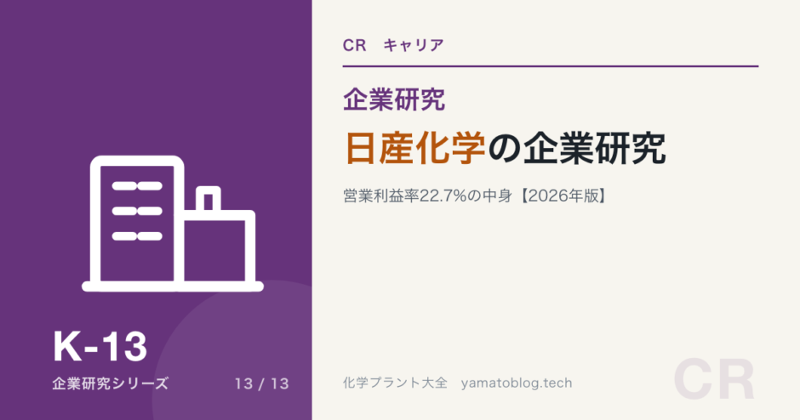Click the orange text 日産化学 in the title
[x=415, y=148]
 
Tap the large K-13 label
[x=100, y=347]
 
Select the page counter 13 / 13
[x=262, y=383]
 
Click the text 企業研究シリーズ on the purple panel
[x=110, y=383]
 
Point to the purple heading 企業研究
[x=394, y=99]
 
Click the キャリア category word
[x=414, y=45]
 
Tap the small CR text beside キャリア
[x=355, y=45]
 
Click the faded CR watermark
[x=714, y=380]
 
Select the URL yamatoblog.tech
[x=517, y=383]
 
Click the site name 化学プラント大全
[x=396, y=383]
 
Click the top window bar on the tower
[x=137, y=186]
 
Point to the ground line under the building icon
[x=173, y=287]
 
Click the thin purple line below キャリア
[x=551, y=66]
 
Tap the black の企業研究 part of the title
[x=577, y=148]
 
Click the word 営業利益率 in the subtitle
[x=381, y=196]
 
